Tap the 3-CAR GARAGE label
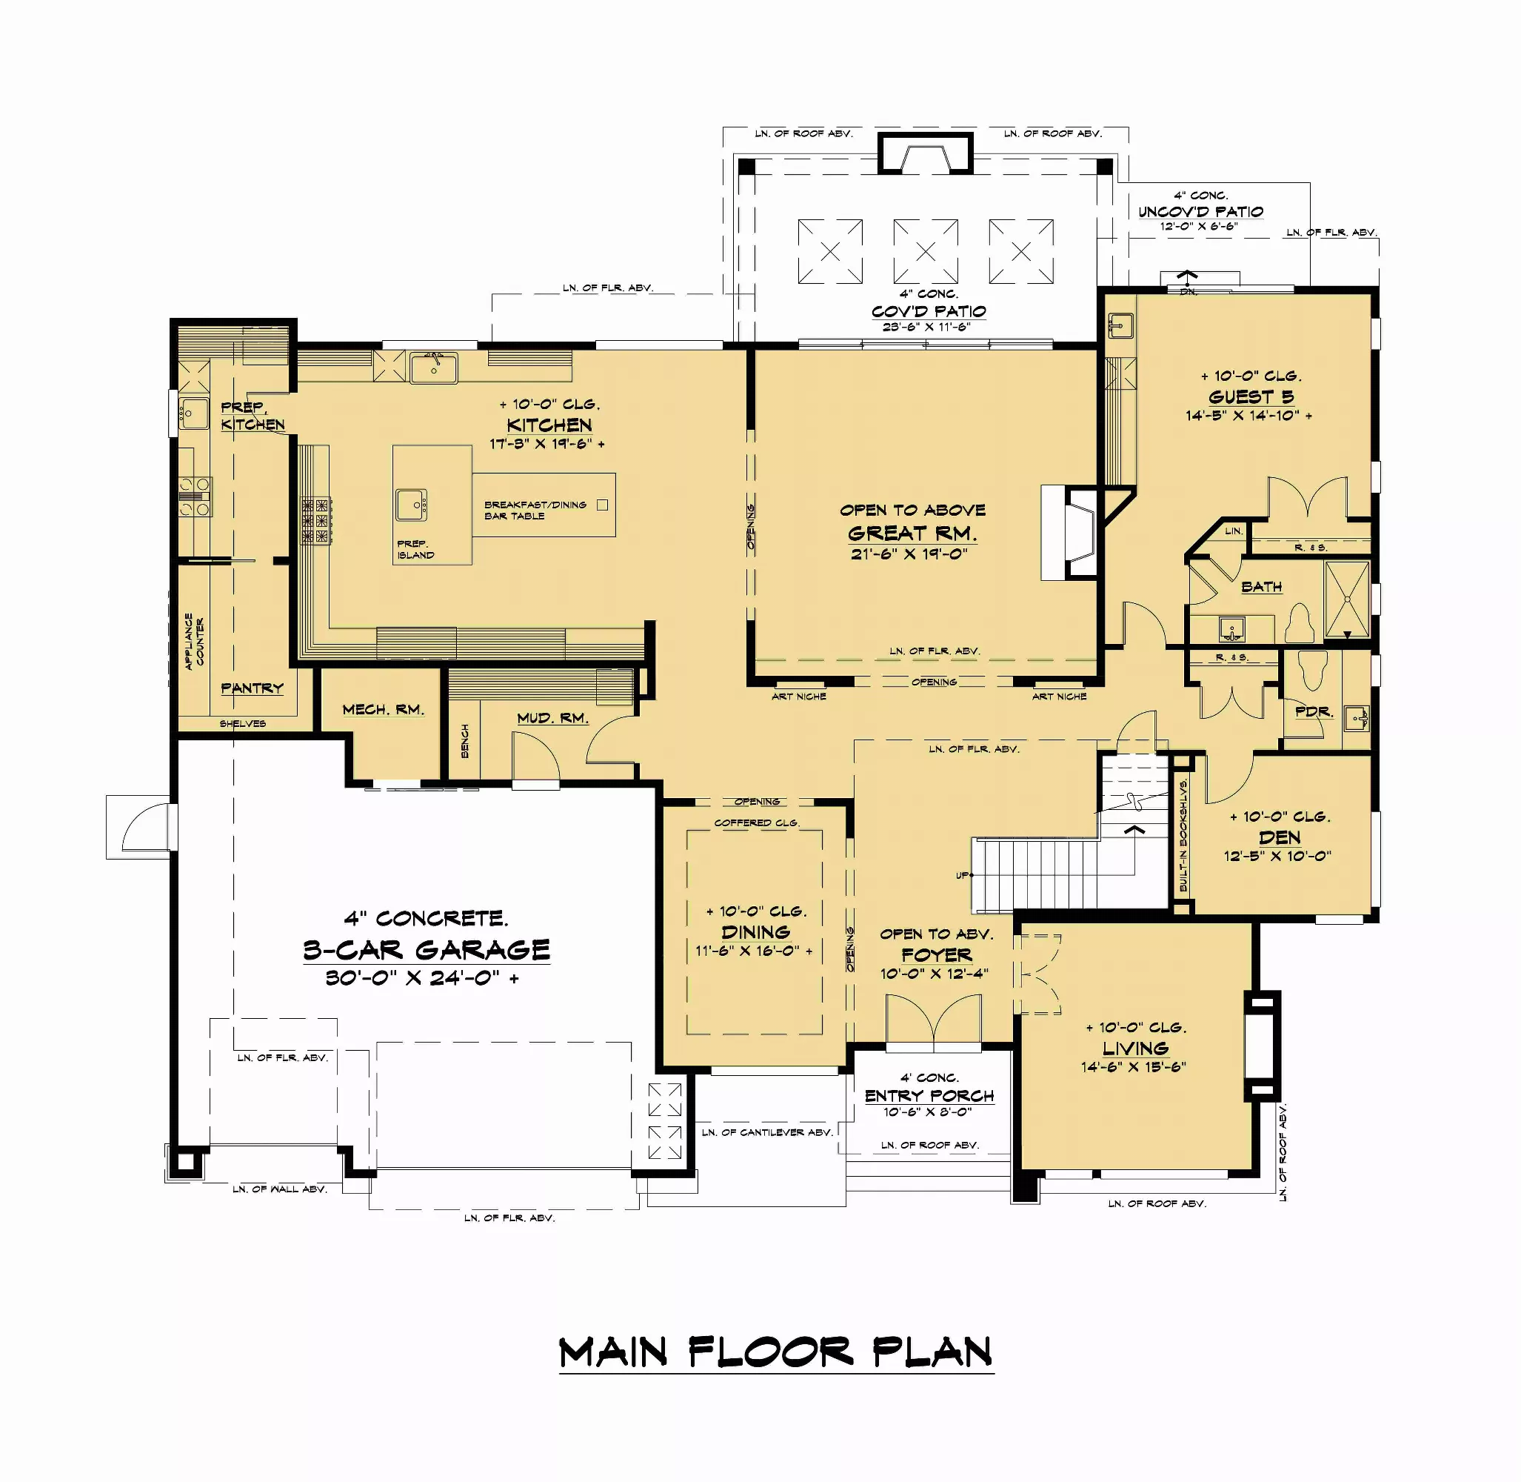tap(427, 950)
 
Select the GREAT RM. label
tap(912, 534)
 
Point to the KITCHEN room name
tap(549, 425)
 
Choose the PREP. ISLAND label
tap(415, 550)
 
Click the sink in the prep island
tap(412, 505)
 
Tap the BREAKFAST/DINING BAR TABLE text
tap(535, 511)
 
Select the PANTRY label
tap(252, 688)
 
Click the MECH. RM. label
tap(383, 710)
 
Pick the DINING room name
tap(755, 931)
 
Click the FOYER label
tap(936, 954)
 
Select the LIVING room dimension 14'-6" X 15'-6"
tap(1133, 1067)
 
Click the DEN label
tap(1279, 837)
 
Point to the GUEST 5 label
tap(1251, 397)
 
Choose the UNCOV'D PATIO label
tap(1200, 212)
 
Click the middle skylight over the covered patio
tap(925, 251)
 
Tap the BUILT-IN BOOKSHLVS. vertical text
tap(1183, 835)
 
